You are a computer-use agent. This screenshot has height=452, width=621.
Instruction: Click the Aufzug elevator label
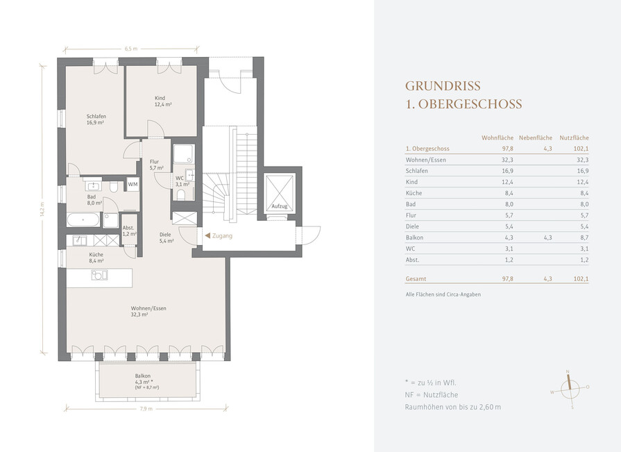279,206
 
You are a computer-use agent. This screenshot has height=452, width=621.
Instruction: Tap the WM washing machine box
133,184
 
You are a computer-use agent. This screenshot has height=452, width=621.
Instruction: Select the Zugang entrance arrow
207,235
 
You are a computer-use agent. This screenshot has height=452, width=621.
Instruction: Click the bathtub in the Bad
83,220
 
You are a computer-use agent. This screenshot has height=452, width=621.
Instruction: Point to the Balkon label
142,376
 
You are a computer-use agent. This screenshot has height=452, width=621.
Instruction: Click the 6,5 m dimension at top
130,49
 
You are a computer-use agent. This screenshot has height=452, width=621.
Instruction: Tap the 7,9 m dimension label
146,408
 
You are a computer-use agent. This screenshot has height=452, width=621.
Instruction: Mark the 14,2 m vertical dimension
42,209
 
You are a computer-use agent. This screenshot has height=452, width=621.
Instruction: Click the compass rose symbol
570,389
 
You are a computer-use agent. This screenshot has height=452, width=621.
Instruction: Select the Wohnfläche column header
497,138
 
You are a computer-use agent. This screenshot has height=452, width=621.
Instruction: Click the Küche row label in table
414,193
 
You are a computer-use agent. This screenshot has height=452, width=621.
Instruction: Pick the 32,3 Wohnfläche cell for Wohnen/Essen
507,160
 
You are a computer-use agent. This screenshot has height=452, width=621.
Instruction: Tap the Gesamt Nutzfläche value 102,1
581,279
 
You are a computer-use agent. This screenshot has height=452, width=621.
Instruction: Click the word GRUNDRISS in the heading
443,86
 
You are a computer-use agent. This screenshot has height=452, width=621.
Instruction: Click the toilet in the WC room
181,194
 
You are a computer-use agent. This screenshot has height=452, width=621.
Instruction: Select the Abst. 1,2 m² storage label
129,231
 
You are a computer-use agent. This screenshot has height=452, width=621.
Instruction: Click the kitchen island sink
99,275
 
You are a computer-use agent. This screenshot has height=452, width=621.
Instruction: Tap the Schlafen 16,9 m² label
96,119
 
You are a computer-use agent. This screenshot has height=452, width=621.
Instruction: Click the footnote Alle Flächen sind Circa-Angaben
443,294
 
